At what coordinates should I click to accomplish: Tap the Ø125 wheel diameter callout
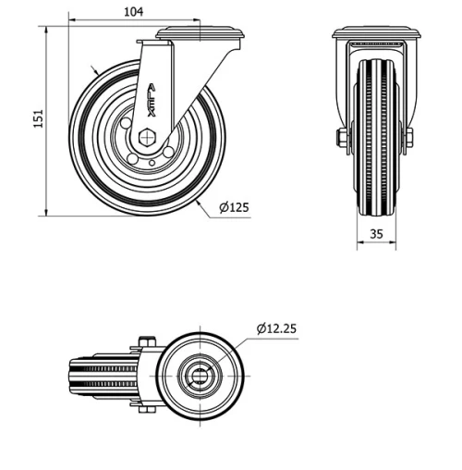point(235,207)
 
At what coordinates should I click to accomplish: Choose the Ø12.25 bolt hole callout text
point(277,328)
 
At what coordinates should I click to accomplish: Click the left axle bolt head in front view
point(342,138)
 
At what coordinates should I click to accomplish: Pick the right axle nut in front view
point(407,138)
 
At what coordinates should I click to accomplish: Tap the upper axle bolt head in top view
point(148,340)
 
